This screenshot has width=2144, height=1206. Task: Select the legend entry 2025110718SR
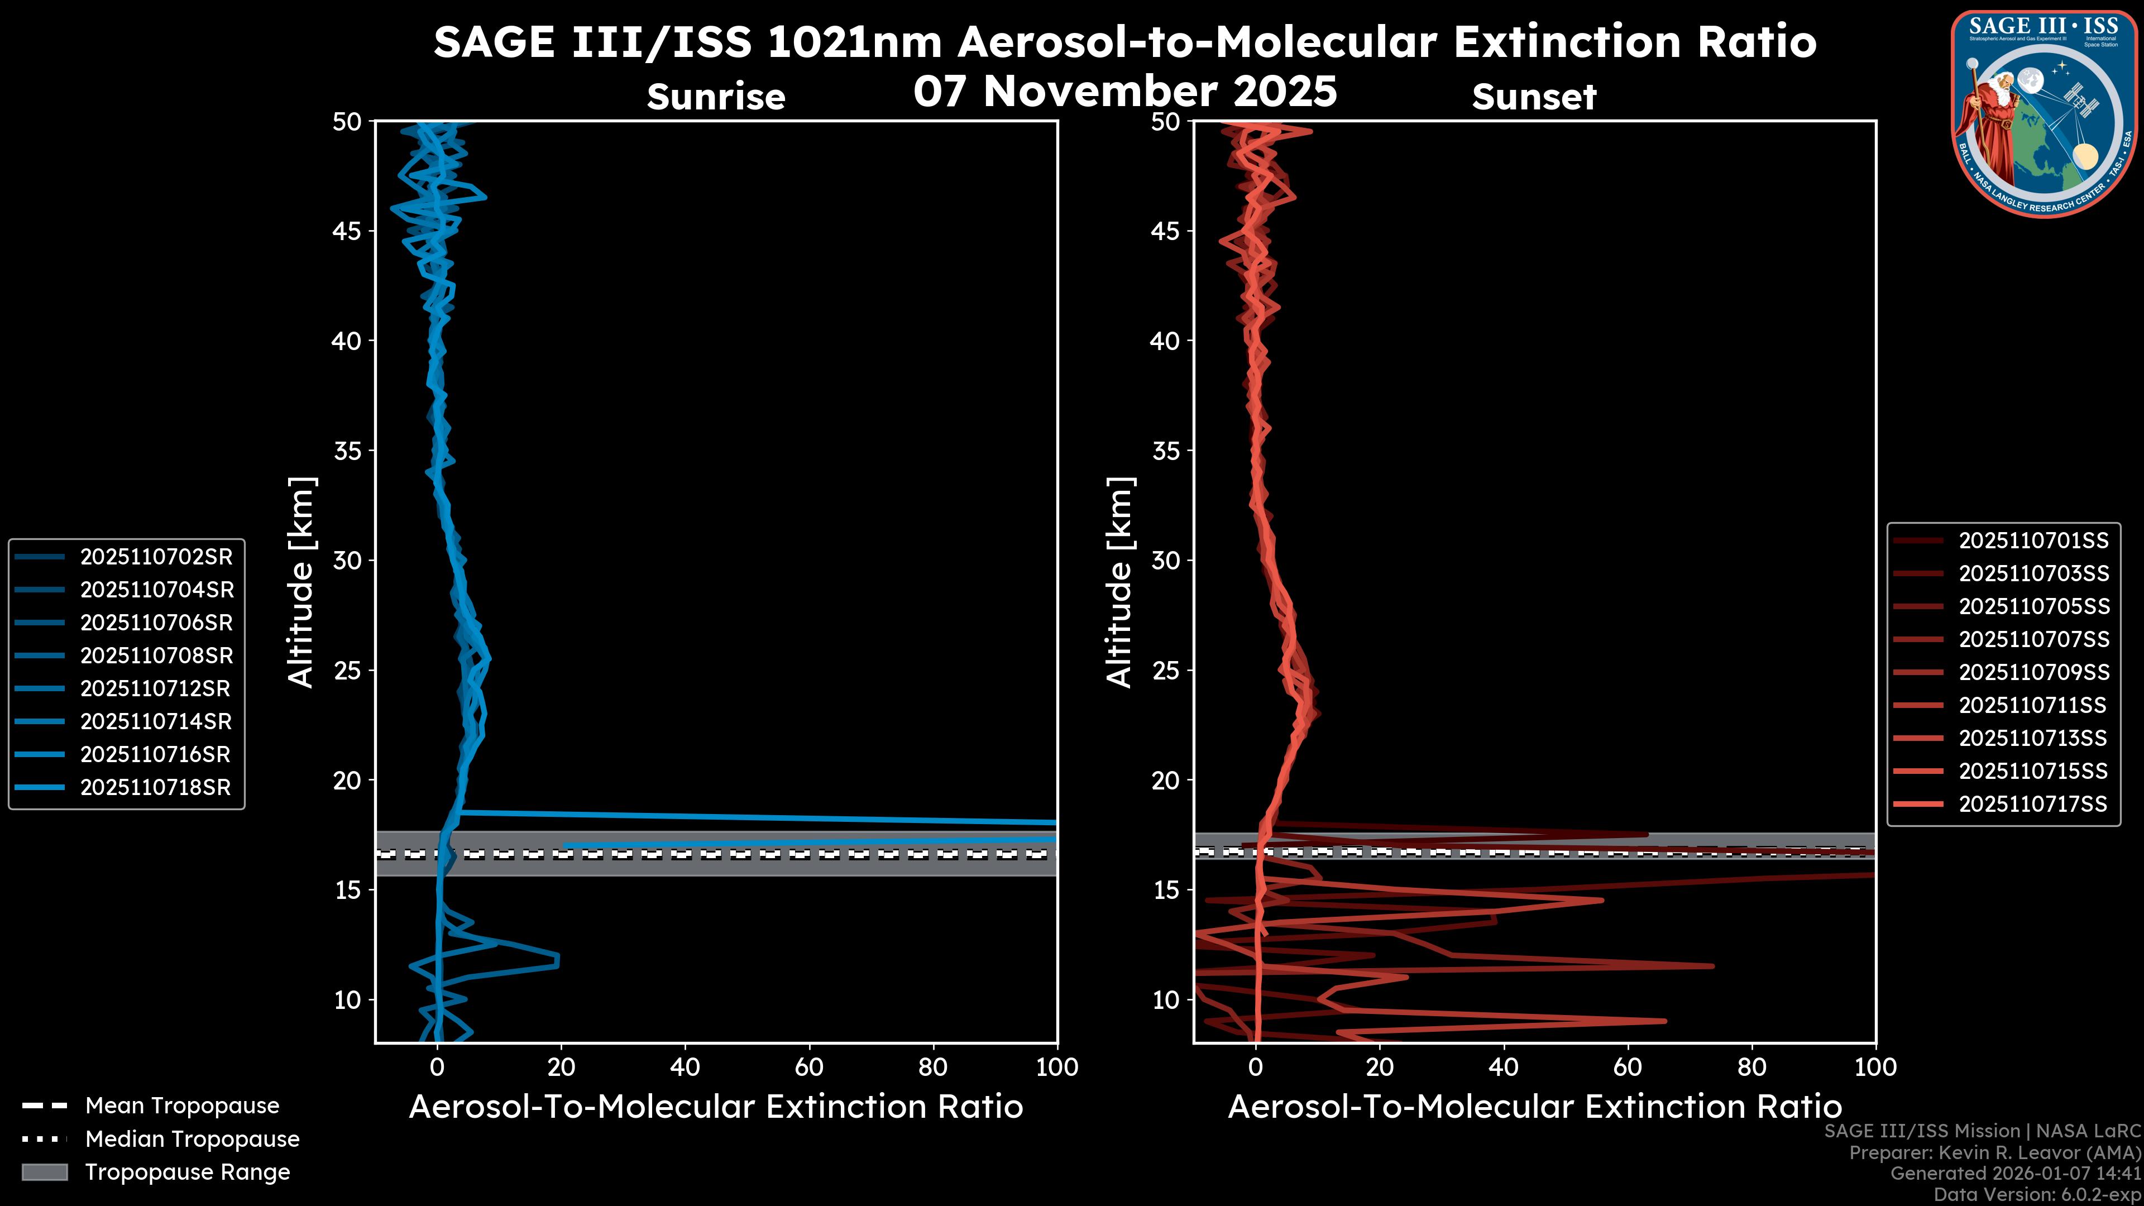coord(155,787)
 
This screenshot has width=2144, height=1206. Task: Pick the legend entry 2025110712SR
coord(155,688)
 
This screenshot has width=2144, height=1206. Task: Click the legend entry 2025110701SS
coord(2033,541)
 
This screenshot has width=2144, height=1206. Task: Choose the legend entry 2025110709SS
coord(2033,672)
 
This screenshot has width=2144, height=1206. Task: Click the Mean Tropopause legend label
coord(182,1105)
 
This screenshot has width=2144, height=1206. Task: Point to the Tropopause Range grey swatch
coord(45,1172)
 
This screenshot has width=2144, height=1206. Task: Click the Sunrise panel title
coord(716,97)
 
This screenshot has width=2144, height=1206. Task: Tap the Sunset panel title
coord(1534,97)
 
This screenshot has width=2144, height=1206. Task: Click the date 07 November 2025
coord(1124,92)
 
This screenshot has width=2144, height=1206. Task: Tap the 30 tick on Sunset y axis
coord(1165,560)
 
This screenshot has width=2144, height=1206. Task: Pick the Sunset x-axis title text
coord(1534,1107)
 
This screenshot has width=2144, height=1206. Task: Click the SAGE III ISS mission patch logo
coord(2044,113)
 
